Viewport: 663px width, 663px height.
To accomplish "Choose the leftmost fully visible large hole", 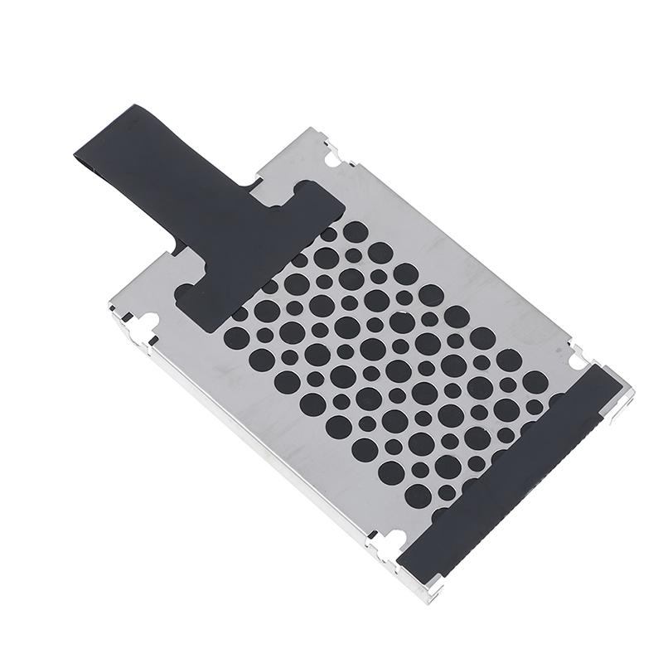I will point(237,336).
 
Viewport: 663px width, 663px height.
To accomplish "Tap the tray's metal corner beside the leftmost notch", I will point(124,315).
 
